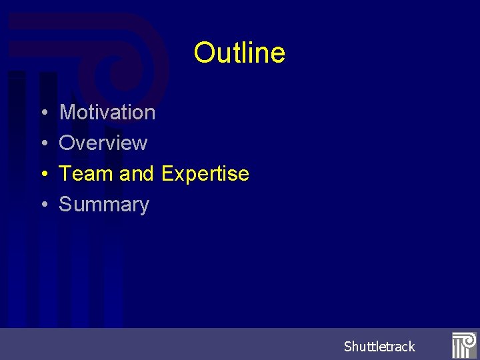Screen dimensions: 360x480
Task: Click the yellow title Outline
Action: [239, 53]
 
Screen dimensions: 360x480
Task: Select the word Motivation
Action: [107, 113]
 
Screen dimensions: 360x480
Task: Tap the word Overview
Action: [103, 143]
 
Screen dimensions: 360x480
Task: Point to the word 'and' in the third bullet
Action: [137, 174]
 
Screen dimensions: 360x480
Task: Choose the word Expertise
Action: [205, 174]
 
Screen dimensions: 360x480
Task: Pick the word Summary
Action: [104, 205]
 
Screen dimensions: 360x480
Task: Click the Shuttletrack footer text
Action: [379, 347]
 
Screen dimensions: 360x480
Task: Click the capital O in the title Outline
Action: [203, 53]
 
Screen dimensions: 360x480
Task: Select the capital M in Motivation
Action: [67, 113]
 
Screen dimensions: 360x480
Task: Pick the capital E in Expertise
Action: [168, 174]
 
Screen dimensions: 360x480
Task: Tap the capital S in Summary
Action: [65, 205]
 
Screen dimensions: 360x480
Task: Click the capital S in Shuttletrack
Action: [348, 347]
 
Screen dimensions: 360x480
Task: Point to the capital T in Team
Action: [65, 174]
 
